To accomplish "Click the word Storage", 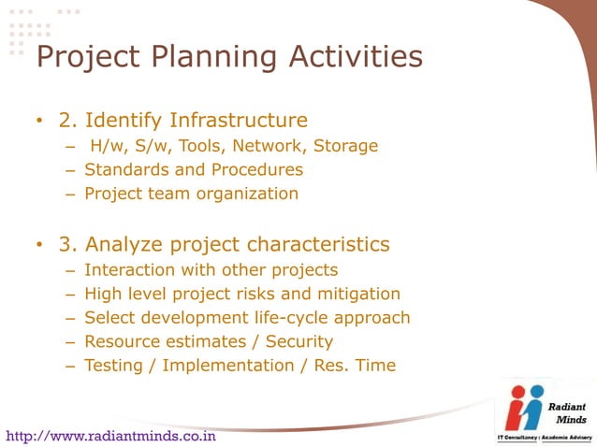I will [345, 146].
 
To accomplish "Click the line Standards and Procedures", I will [194, 170].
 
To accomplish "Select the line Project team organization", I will [191, 195].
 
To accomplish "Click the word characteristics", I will [318, 245].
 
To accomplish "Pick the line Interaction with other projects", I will [211, 270].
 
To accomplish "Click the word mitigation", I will [360, 294].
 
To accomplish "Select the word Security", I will [298, 341].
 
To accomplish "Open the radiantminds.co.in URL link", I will [111, 436].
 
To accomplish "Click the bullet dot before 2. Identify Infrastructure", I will [39, 122].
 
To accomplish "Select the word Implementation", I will [233, 366].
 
